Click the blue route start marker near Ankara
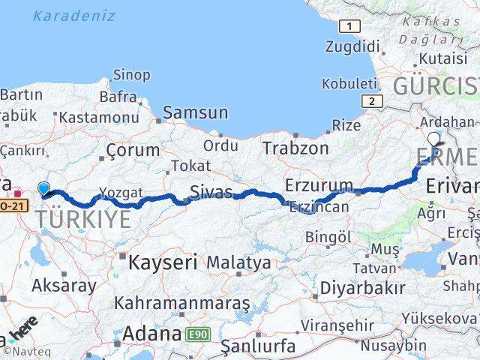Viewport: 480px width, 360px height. [44, 189]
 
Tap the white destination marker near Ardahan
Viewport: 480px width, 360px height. [435, 139]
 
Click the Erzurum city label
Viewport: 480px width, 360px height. [319, 185]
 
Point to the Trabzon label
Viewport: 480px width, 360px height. [295, 148]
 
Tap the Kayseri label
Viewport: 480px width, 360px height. [162, 262]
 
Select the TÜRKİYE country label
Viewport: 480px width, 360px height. [82, 219]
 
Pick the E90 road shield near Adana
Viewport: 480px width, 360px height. [199, 332]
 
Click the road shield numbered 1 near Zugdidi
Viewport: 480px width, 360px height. [349, 27]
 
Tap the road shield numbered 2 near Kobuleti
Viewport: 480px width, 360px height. [370, 100]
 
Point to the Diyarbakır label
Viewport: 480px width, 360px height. [362, 287]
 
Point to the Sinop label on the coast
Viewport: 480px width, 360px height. [131, 74]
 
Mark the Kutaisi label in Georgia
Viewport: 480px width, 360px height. [427, 58]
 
